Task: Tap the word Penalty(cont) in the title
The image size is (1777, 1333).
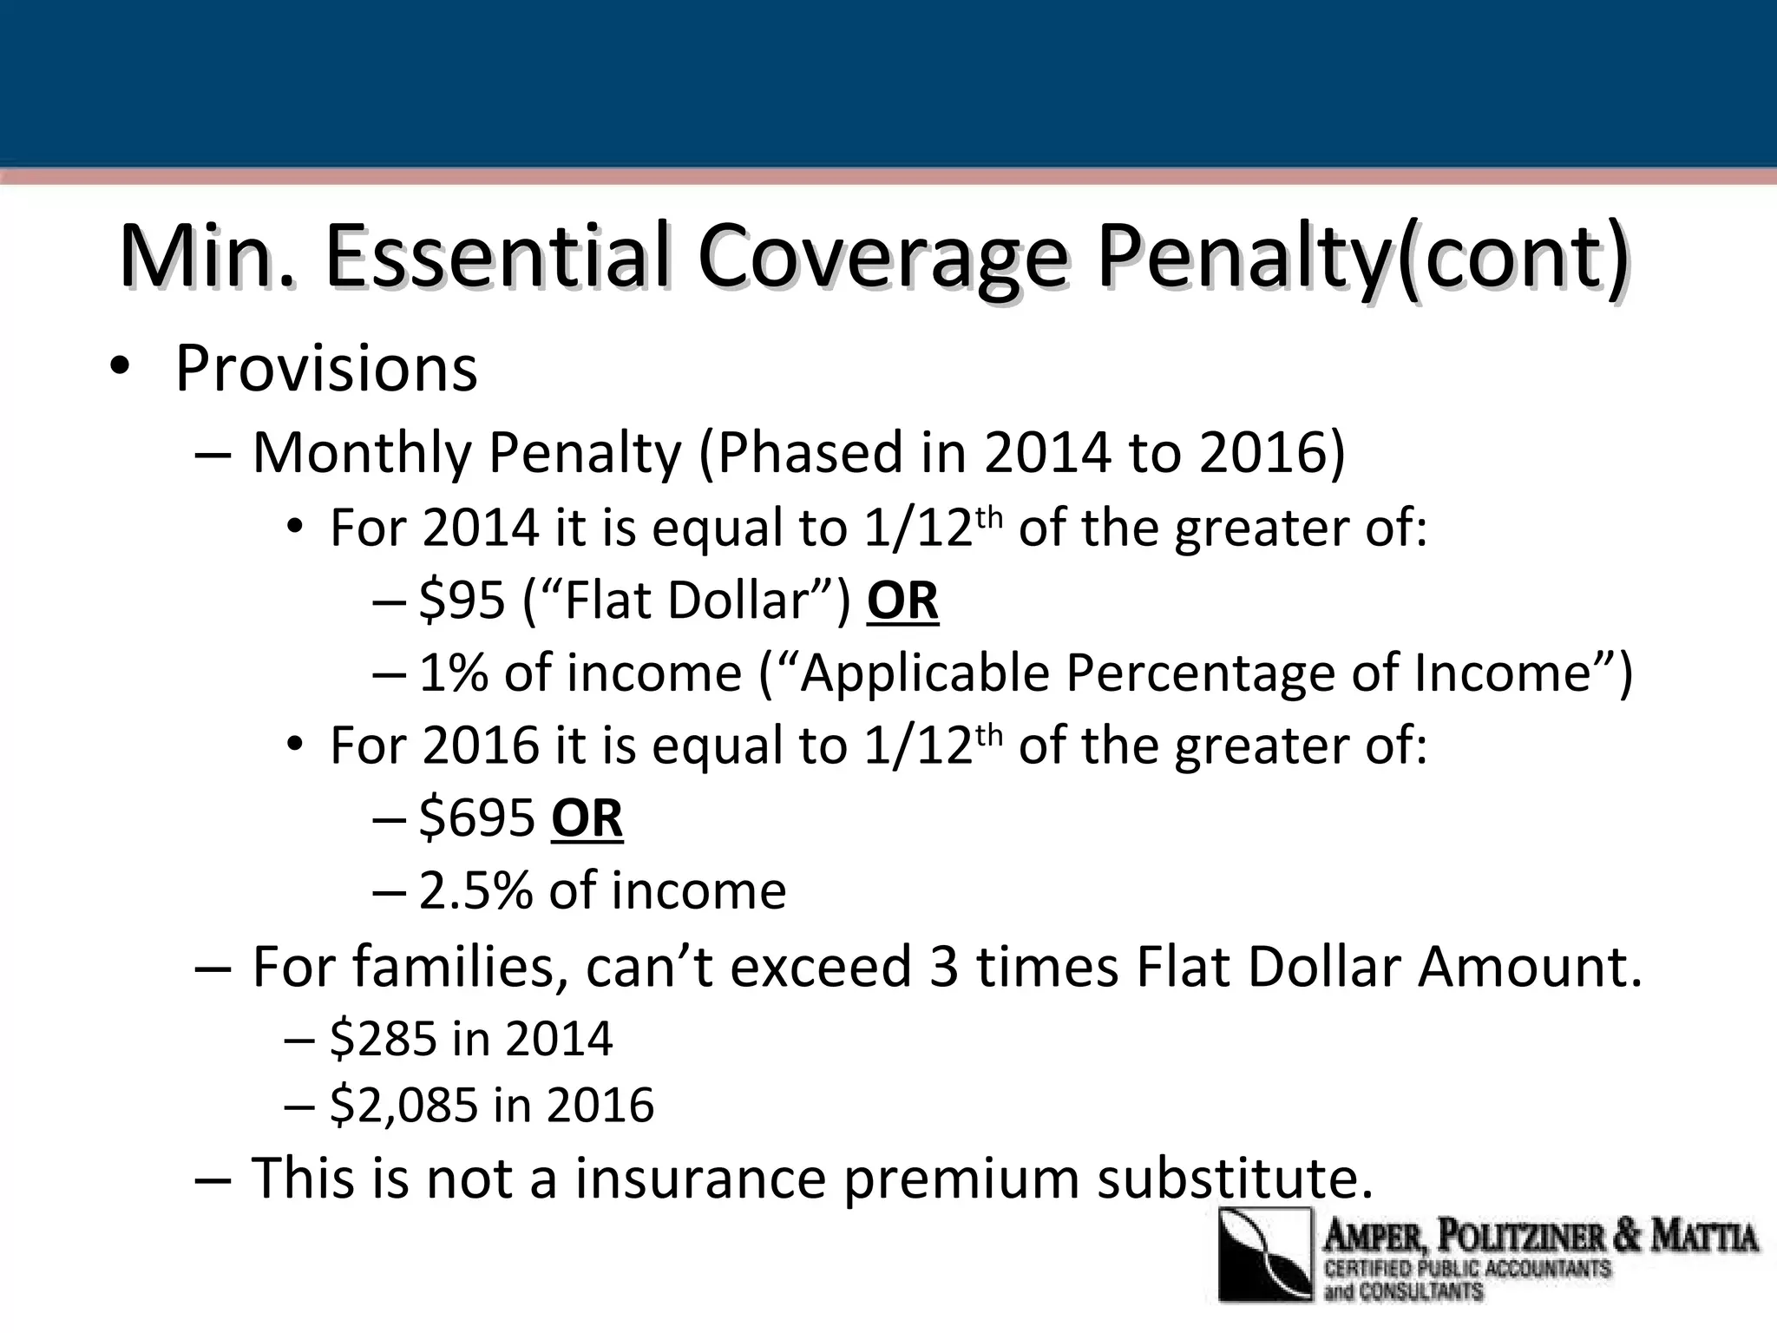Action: (x=1362, y=258)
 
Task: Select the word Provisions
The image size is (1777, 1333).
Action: (x=326, y=369)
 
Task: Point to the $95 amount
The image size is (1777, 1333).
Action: (x=462, y=600)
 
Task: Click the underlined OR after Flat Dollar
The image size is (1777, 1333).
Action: (x=902, y=601)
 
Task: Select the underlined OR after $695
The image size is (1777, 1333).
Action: (x=587, y=818)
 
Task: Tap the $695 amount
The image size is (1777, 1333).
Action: (x=477, y=818)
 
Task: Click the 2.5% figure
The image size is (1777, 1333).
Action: (x=475, y=890)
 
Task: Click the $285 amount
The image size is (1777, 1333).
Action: (x=385, y=1038)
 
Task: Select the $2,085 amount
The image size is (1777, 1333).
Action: (x=404, y=1105)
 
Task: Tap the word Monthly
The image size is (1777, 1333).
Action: (x=363, y=453)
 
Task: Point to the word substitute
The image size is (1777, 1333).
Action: (x=1235, y=1179)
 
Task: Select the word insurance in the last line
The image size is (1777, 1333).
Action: (x=700, y=1179)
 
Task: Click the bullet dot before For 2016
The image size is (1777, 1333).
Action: (x=296, y=745)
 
